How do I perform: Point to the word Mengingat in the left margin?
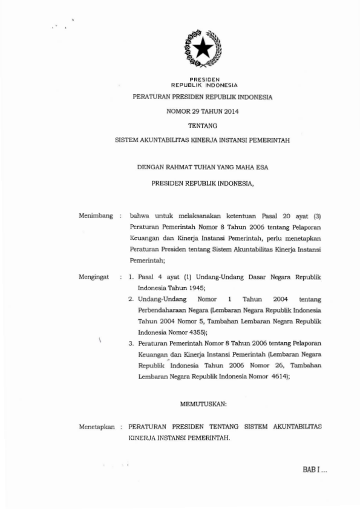[94, 277]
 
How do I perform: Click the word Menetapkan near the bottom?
[97, 426]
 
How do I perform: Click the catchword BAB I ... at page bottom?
[314, 470]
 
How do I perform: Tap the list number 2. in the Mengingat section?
[131, 299]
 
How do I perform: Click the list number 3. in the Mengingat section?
[131, 343]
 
